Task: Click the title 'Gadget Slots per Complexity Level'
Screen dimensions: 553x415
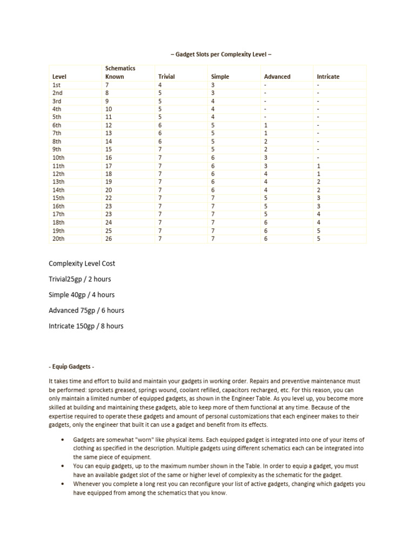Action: (224, 55)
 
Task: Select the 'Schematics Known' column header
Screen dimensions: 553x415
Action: (120, 72)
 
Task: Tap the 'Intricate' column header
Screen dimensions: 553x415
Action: (328, 77)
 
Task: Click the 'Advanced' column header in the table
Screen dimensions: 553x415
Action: (277, 77)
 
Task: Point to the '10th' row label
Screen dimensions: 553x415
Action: (58, 158)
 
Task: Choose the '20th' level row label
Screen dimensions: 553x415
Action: (58, 238)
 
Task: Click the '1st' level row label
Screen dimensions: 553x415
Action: (57, 85)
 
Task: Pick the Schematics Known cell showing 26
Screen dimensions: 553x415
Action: (109, 238)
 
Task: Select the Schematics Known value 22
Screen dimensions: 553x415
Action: (109, 198)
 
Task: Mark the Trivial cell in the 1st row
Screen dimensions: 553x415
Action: (159, 85)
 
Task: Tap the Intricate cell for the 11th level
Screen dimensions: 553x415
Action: (319, 166)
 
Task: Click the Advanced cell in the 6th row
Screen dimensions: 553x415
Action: (265, 125)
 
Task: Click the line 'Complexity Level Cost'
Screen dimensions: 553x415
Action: (82, 264)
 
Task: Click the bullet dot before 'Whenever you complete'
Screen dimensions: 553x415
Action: (64, 484)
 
